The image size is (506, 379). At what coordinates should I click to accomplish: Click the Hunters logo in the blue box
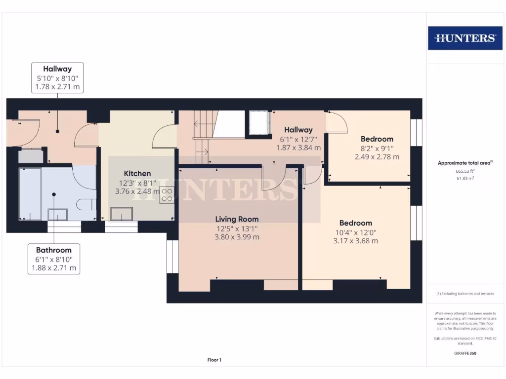coord(464,38)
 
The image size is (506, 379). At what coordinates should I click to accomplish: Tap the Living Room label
coord(237,219)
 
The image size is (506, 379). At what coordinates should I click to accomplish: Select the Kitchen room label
coord(137,173)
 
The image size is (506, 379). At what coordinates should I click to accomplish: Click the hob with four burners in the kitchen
coord(167,195)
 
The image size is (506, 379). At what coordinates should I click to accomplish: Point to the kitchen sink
coord(122,214)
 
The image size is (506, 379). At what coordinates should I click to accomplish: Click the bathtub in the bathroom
coord(30,194)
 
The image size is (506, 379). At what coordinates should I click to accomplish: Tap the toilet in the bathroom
coord(87,203)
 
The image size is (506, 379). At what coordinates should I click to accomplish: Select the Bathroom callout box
coord(53,259)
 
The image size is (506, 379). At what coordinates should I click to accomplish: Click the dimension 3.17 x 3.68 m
coord(356,241)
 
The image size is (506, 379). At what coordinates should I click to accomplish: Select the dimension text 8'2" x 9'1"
coord(377,148)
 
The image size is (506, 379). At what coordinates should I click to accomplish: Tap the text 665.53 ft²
coord(464,171)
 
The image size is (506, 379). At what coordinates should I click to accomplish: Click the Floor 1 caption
coord(214,360)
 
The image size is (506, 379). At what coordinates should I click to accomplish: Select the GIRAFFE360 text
coord(464,353)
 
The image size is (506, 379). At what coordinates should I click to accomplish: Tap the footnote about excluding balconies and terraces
coord(464,294)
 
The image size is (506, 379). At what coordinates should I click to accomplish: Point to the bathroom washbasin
coord(57,214)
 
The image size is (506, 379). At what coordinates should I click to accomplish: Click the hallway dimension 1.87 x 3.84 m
coord(298,148)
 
